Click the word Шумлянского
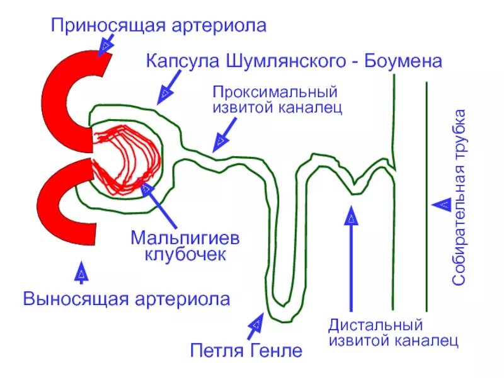point(283,61)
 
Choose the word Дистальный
point(375,326)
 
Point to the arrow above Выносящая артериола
point(81,272)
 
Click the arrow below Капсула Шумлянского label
point(165,91)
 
